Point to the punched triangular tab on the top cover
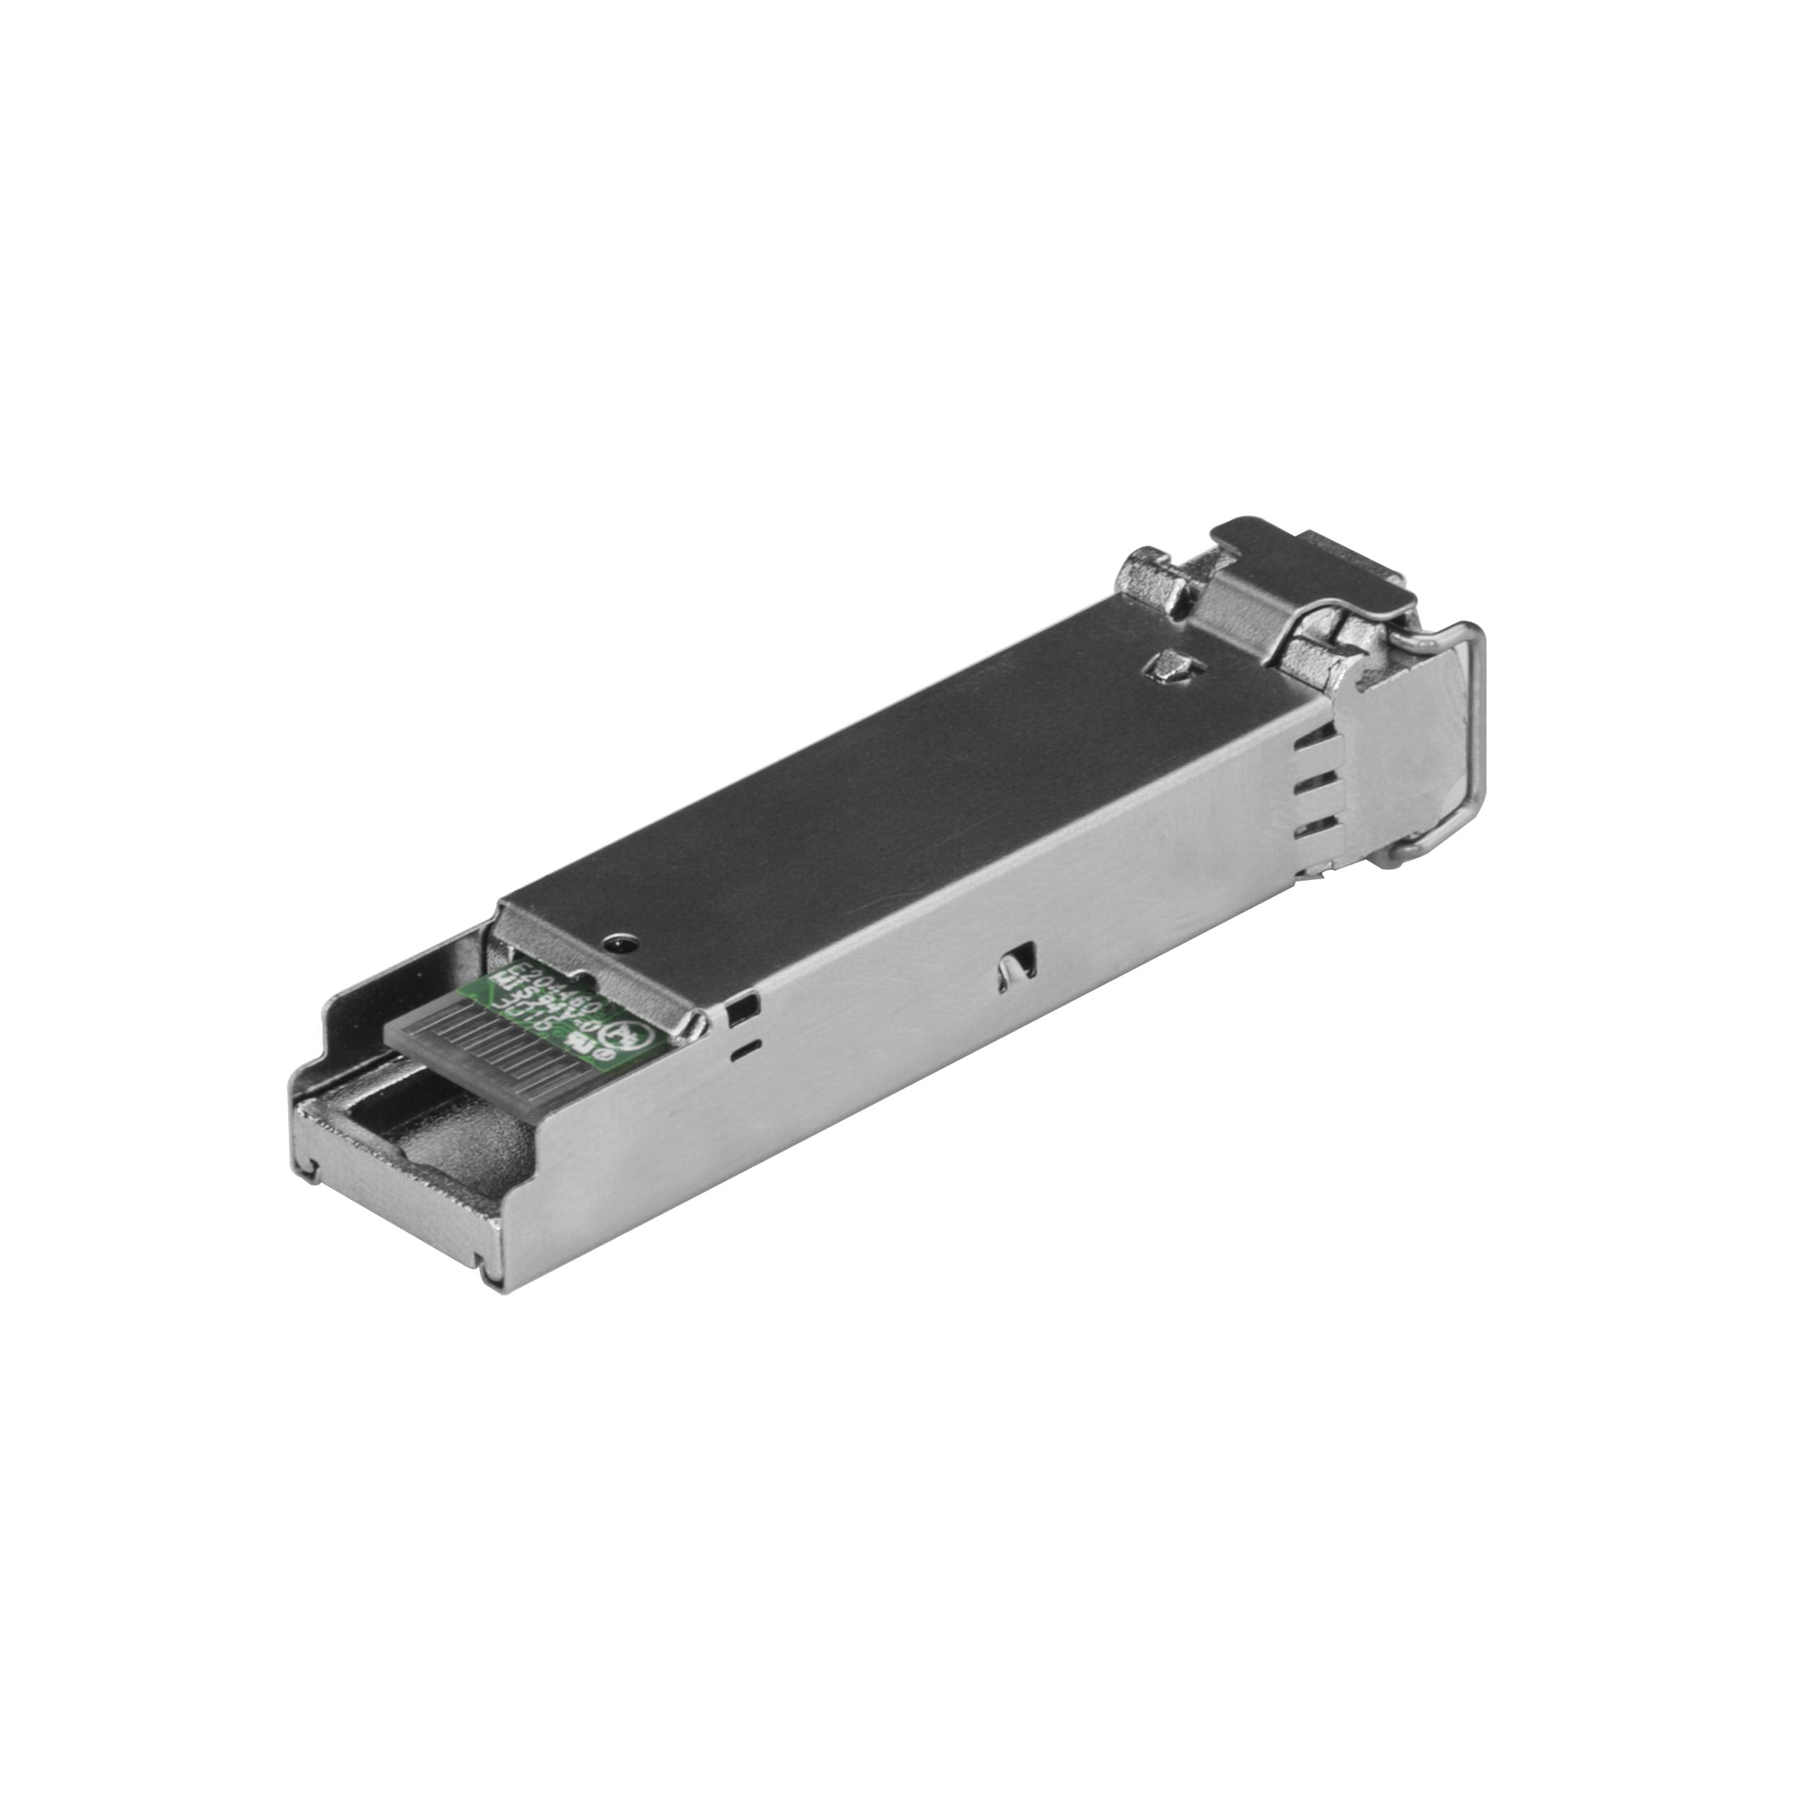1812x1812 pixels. click(x=1172, y=666)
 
